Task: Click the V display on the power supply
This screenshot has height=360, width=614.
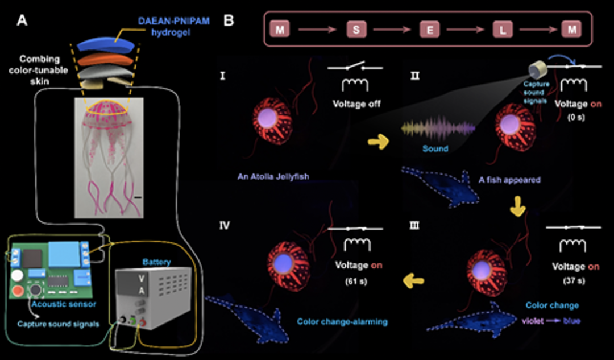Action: pos(133,278)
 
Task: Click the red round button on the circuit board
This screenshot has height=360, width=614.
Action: pos(18,291)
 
